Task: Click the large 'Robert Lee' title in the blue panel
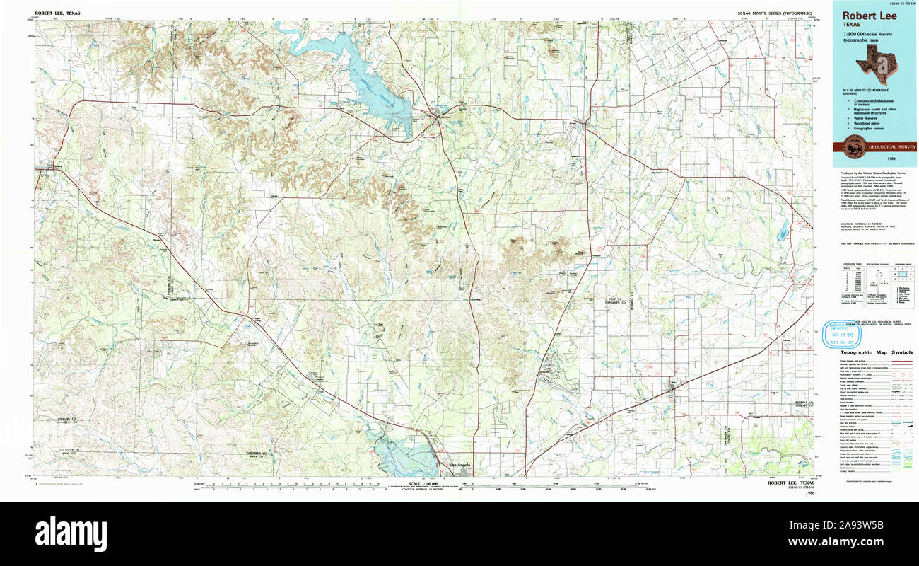[869, 16]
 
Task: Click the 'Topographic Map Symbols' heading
[875, 353]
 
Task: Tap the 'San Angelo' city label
[459, 464]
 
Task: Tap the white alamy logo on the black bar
[71, 532]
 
